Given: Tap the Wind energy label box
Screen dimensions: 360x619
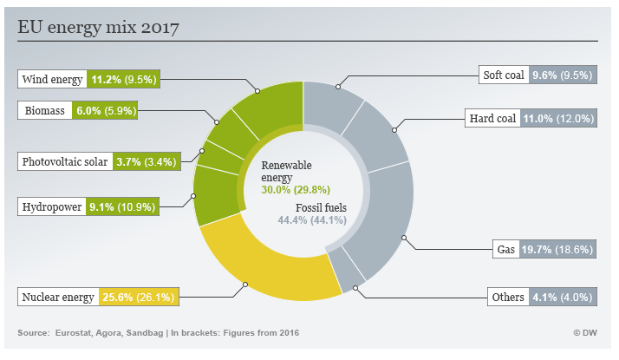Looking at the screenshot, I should point(52,80).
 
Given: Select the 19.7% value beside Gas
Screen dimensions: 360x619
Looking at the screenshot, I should point(536,250).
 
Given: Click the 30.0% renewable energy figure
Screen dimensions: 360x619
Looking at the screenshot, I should point(277,190).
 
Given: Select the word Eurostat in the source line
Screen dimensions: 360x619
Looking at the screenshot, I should point(75,333).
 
